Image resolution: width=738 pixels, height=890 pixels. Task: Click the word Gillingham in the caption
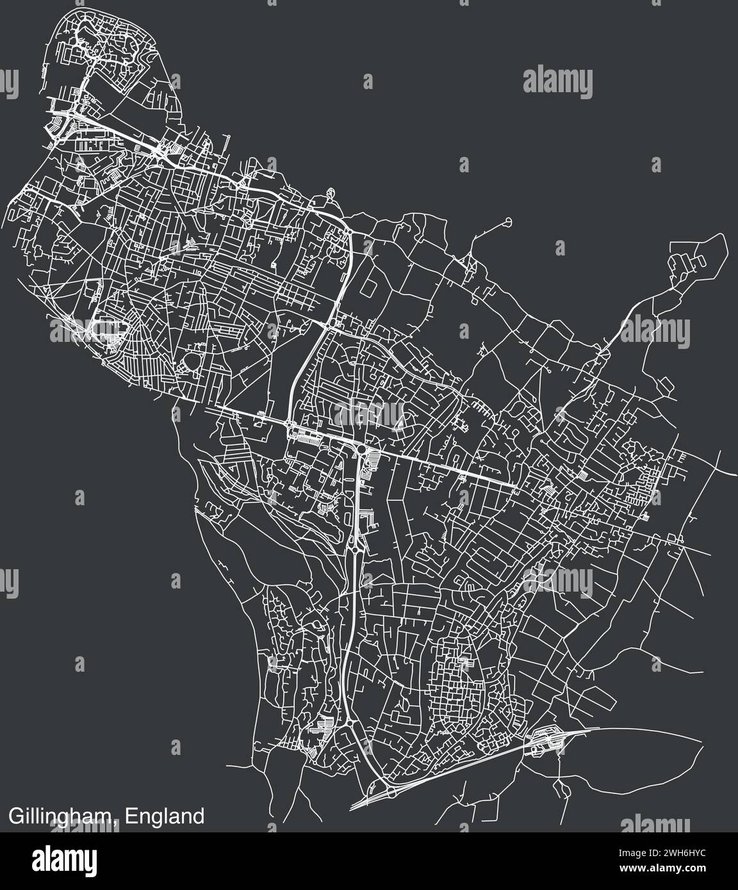(x=62, y=817)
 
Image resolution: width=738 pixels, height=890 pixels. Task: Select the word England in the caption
(x=165, y=817)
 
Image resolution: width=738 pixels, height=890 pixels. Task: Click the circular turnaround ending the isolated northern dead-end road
(x=508, y=222)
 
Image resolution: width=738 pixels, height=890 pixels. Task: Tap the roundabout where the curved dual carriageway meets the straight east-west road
(x=290, y=426)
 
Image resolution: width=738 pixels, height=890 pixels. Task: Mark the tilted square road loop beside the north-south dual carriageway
(x=368, y=287)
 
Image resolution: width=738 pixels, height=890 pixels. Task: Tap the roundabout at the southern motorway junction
(x=389, y=793)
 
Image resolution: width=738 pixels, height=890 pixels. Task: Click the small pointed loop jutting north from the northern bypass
(x=331, y=192)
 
